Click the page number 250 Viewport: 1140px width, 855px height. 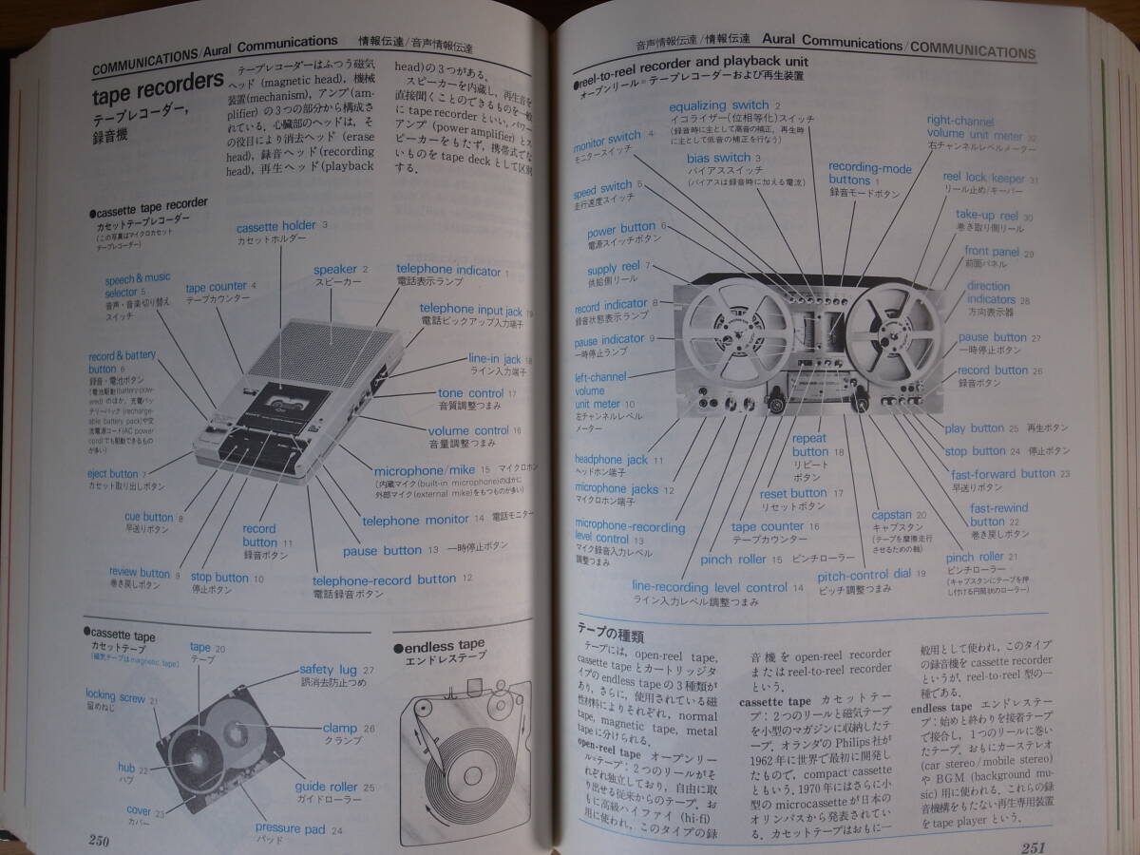(x=97, y=838)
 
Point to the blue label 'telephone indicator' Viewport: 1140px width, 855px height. (x=448, y=271)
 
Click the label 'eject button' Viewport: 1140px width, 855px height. (x=110, y=473)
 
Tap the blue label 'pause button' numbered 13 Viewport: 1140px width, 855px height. (x=382, y=550)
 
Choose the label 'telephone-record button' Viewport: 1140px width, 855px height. (x=384, y=579)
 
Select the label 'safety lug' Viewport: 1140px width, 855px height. (x=330, y=669)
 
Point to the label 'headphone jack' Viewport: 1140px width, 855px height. (x=612, y=460)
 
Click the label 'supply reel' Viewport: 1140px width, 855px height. (x=615, y=269)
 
